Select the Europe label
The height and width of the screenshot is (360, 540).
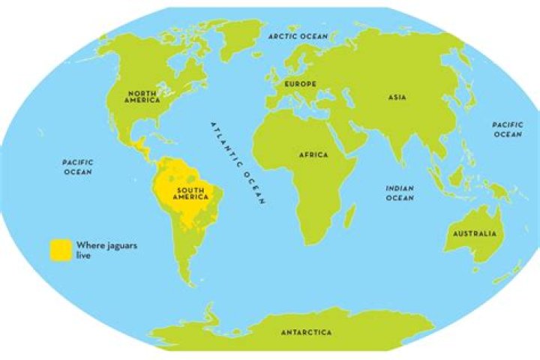(x=300, y=83)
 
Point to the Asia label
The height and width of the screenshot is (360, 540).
(x=397, y=97)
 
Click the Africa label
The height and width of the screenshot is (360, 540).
(x=313, y=154)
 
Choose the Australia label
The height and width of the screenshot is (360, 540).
(x=474, y=234)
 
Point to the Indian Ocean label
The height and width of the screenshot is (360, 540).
(x=400, y=193)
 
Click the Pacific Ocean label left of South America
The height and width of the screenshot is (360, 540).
(x=77, y=166)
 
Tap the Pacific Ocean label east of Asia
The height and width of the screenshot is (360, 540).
(x=507, y=129)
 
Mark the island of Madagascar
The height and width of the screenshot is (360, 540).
(x=348, y=218)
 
